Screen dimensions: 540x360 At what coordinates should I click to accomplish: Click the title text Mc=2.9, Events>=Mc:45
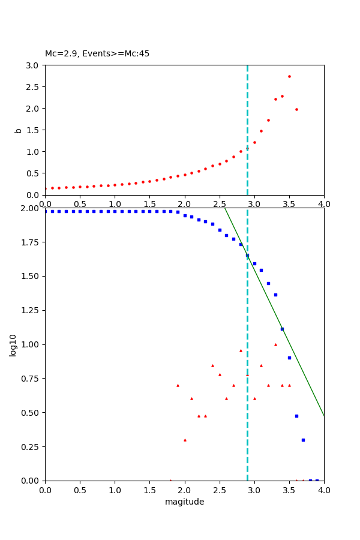(x=97, y=54)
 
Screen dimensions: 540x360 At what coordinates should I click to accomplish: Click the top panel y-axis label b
(x=18, y=130)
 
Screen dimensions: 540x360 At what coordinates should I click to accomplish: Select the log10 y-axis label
(x=13, y=344)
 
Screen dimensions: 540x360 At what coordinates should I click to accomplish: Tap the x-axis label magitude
(x=184, y=502)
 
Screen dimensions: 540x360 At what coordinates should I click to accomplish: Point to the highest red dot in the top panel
(x=289, y=76)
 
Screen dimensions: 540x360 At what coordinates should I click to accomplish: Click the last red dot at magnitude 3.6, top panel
(x=296, y=109)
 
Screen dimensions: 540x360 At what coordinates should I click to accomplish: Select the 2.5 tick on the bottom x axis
(x=220, y=490)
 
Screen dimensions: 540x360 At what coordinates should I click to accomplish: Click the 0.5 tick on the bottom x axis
(x=80, y=490)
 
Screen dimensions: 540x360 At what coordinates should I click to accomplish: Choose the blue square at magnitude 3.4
(x=282, y=329)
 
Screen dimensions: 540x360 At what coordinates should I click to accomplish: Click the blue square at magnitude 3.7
(x=303, y=440)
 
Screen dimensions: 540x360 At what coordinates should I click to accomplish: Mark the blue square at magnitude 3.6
(x=296, y=416)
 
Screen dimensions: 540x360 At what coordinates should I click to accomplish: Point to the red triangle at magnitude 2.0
(x=185, y=440)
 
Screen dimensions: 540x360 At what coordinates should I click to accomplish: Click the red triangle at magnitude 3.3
(x=275, y=344)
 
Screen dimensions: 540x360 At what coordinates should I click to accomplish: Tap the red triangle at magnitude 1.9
(x=178, y=385)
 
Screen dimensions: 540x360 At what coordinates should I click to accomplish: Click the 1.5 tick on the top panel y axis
(x=34, y=130)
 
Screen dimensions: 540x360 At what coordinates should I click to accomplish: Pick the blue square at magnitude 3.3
(x=275, y=295)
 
